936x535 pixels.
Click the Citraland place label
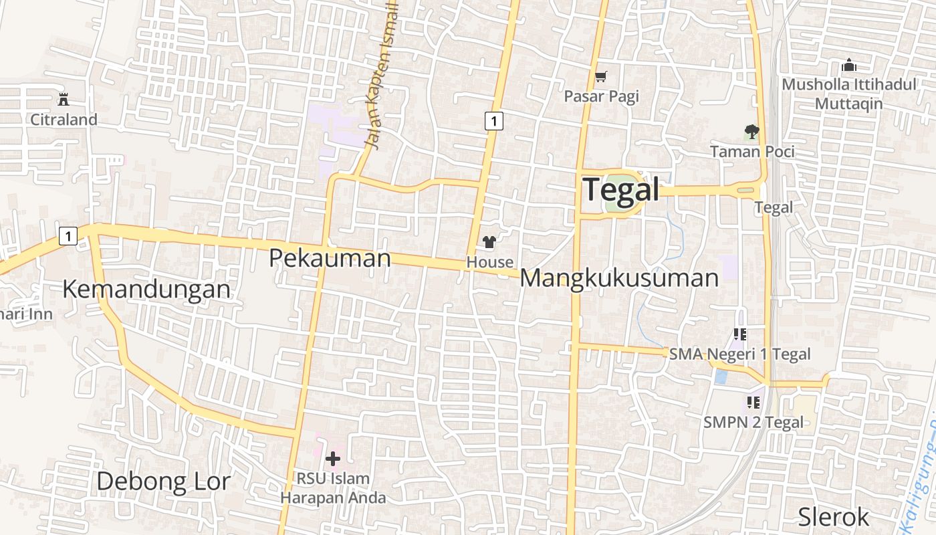64,120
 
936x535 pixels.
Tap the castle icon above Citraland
64,100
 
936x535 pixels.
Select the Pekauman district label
330,257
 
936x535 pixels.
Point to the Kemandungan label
146,289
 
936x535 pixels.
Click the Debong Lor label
164,481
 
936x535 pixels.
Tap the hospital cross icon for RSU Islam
332,459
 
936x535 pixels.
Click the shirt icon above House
489,242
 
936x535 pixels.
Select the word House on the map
490,262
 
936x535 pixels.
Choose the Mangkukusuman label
619,278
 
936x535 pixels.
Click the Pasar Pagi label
602,96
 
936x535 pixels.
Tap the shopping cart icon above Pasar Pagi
601,77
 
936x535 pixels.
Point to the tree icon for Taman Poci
751,132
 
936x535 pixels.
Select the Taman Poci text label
752,152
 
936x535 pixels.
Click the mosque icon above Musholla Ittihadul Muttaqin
849,66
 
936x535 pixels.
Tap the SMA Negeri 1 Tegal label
740,354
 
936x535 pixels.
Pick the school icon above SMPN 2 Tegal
753,403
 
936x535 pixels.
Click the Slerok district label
834,517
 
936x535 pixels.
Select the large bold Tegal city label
621,189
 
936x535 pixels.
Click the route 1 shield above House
493,121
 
